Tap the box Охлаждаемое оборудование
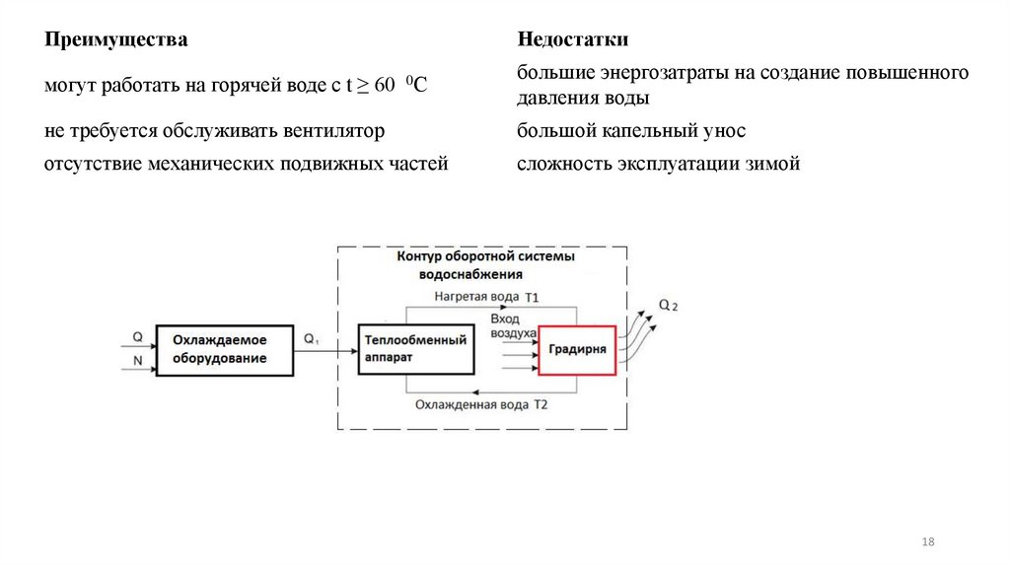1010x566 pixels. [x=220, y=350]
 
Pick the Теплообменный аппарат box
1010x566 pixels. [x=415, y=350]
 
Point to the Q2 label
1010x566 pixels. [x=668, y=307]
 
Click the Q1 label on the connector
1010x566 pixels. [x=312, y=339]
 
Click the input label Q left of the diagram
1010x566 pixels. [x=137, y=337]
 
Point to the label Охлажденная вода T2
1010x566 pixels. [x=481, y=405]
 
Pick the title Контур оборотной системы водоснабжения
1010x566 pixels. [x=484, y=265]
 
